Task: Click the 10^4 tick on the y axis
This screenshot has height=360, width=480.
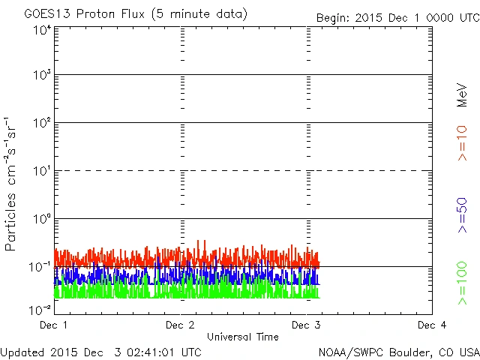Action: (42, 30)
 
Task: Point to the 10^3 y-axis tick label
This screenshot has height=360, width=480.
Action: (42, 75)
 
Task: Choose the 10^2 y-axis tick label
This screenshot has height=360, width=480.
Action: (42, 122)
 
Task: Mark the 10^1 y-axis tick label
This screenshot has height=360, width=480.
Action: (42, 170)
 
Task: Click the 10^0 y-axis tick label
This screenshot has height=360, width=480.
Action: (42, 218)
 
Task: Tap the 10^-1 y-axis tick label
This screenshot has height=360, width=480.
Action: (40, 266)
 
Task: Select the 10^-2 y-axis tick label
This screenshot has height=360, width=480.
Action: (40, 310)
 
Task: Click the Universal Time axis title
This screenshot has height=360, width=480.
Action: (243, 337)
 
